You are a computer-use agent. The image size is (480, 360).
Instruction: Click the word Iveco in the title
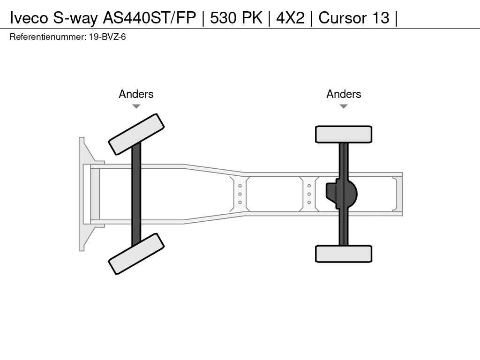(29, 18)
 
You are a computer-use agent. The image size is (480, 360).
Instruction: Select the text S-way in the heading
(75, 18)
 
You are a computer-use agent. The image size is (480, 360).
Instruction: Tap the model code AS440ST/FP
(150, 18)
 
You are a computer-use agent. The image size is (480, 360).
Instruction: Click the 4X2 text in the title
(290, 18)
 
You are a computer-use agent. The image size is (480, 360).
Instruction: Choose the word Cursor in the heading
(343, 18)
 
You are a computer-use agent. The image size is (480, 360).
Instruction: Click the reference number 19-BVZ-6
(107, 37)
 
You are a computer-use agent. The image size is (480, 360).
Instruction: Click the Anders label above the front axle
(136, 94)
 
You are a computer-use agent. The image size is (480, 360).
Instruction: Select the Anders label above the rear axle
(344, 94)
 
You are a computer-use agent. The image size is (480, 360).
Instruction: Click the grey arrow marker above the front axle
(136, 106)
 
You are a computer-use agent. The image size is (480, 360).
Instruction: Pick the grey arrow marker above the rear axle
(344, 106)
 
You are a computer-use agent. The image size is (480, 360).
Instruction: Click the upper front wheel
(136, 135)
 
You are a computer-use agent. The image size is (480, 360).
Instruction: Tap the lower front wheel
(136, 254)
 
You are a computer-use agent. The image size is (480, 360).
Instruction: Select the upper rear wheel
(344, 135)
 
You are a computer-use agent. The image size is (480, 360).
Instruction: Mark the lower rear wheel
(344, 254)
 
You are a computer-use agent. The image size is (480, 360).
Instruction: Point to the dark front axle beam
(136, 194)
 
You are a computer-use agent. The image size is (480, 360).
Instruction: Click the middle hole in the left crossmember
(240, 194)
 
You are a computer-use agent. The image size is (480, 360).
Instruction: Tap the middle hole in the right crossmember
(309, 194)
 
